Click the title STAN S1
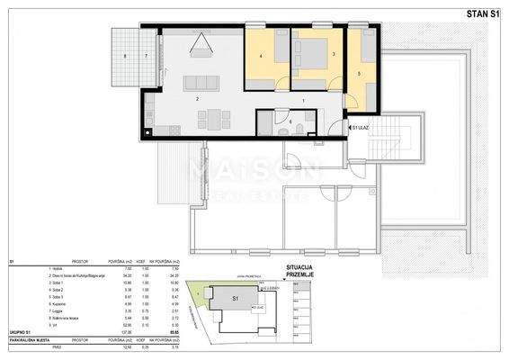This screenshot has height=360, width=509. [x=475, y=12]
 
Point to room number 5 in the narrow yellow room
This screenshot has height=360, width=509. [x=359, y=73]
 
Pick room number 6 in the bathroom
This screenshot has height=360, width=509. [x=290, y=119]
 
